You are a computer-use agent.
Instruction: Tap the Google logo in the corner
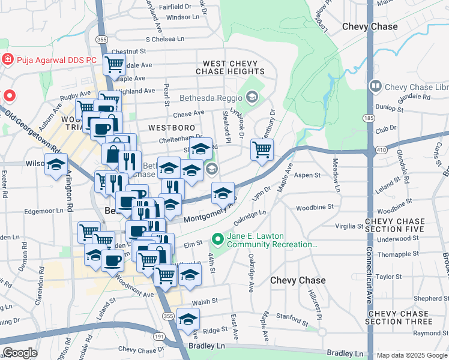(x=21, y=353)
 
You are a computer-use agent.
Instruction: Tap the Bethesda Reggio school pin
(x=252, y=97)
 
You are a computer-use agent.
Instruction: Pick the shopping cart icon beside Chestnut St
(x=113, y=64)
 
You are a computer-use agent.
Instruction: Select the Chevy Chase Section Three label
(x=408, y=317)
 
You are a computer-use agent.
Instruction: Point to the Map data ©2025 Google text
(x=412, y=355)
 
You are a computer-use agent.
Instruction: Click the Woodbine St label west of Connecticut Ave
(x=315, y=208)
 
